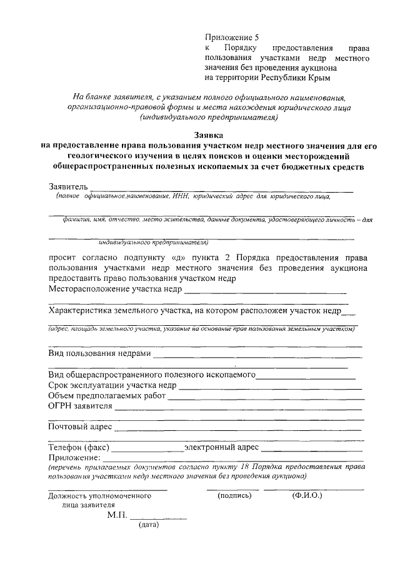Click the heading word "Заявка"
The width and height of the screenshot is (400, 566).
click(x=207, y=134)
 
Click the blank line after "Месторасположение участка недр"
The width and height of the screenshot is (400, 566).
click(x=265, y=291)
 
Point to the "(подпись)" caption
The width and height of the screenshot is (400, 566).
click(x=234, y=495)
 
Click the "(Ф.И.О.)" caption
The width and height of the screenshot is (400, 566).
click(x=306, y=495)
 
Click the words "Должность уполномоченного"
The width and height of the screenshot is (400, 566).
click(x=100, y=496)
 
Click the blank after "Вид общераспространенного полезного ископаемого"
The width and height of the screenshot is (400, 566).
click(x=306, y=376)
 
